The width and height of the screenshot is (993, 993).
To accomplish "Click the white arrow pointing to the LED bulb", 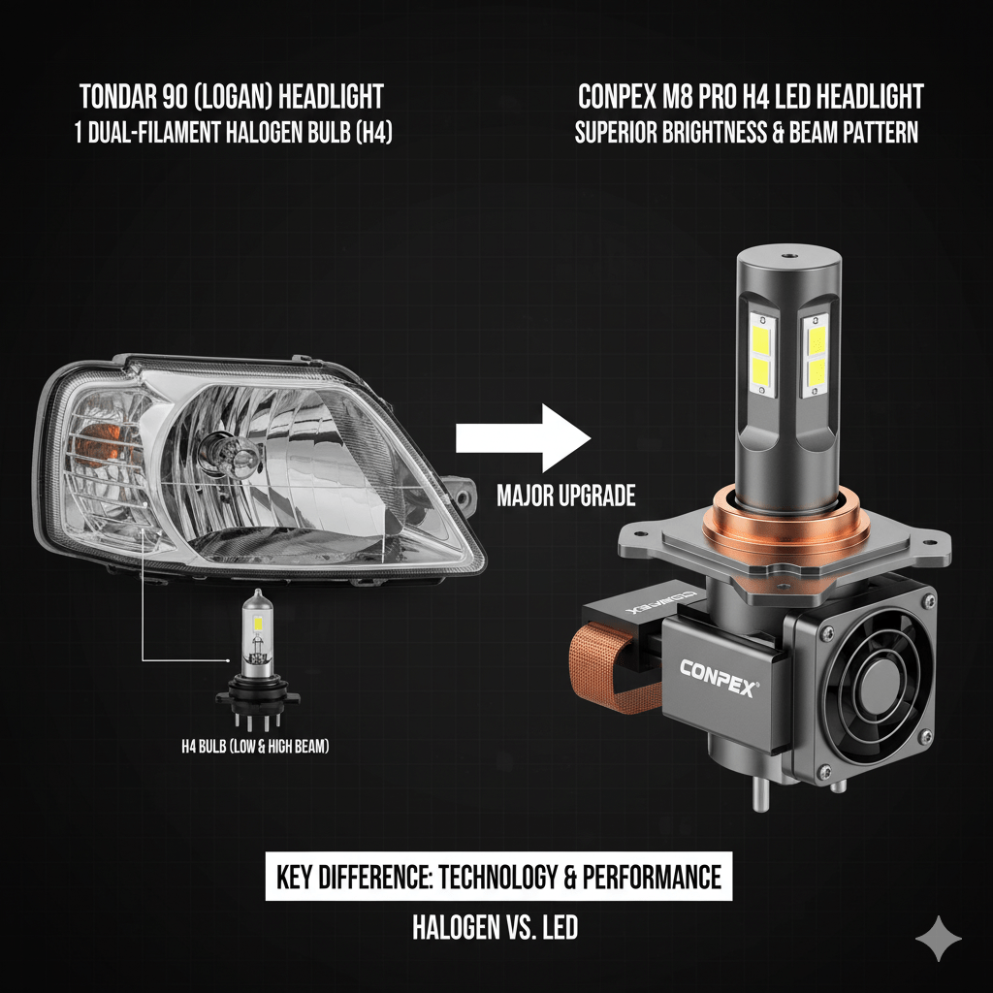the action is coord(523,438).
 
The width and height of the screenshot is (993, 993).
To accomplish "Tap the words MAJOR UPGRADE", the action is coord(566,496).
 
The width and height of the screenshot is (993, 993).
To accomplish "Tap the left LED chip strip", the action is coord(763,356).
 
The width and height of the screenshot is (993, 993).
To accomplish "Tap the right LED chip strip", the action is coord(816,355).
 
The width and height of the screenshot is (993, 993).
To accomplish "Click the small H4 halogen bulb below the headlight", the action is coord(258,660).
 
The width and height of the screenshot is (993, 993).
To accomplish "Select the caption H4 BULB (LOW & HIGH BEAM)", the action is coord(255,747).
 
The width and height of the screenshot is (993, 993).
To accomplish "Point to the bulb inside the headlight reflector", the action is coord(229,454).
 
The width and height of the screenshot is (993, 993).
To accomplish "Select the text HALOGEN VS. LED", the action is coord(496,928).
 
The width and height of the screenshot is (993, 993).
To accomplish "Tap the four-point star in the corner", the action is coord(939,938).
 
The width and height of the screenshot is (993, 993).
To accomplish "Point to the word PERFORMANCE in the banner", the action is coord(652,877).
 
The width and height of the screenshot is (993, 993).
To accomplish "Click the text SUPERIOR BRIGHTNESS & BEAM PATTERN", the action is coord(747,132).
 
